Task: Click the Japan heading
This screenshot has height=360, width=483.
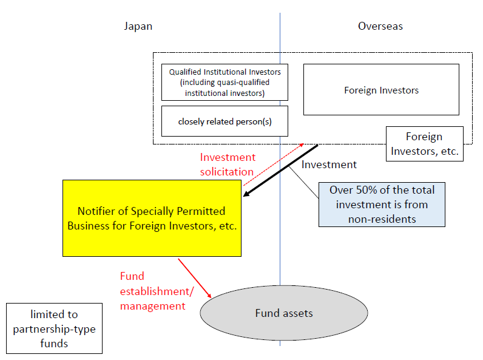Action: tap(138, 26)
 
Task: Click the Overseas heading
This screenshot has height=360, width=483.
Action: tap(380, 26)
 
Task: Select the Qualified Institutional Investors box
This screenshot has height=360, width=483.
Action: tap(225, 82)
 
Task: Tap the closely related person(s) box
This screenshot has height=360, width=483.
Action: tap(225, 121)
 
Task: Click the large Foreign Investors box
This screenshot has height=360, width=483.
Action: tap(381, 90)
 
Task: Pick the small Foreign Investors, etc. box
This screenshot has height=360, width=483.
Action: tap(424, 144)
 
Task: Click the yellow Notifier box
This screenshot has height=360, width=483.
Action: tap(152, 217)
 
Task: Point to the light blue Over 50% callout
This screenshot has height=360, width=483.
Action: tap(382, 205)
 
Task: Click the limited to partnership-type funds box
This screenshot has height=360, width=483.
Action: tap(54, 328)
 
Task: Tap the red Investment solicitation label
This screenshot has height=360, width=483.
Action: tap(228, 165)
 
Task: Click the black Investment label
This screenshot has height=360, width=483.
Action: tap(329, 165)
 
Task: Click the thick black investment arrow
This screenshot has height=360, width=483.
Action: tap(280, 170)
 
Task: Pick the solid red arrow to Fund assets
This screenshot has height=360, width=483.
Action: tap(194, 277)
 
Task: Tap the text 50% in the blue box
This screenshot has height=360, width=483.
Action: tap(366, 190)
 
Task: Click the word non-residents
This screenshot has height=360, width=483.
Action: tap(382, 219)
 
